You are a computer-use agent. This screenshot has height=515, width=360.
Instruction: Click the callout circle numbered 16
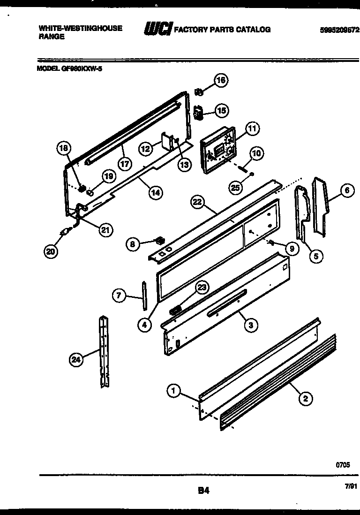tap(221, 80)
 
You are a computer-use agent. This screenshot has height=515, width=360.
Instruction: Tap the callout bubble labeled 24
tap(75, 360)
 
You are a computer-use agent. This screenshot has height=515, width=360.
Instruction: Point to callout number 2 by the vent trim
tap(305, 399)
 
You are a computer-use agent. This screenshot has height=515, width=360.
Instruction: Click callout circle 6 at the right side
tap(346, 190)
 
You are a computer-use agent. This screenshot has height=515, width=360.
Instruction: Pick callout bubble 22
tap(199, 202)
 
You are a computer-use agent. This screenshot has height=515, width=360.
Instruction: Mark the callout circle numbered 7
tap(119, 295)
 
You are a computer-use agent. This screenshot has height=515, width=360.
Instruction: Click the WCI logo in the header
tap(158, 29)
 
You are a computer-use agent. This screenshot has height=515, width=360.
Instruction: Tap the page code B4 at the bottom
tap(203, 491)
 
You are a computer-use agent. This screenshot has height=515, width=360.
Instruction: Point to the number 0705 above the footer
tap(342, 465)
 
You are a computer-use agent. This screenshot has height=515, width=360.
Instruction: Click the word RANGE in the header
tap(52, 37)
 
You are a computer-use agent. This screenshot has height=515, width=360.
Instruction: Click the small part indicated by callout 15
tap(198, 113)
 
